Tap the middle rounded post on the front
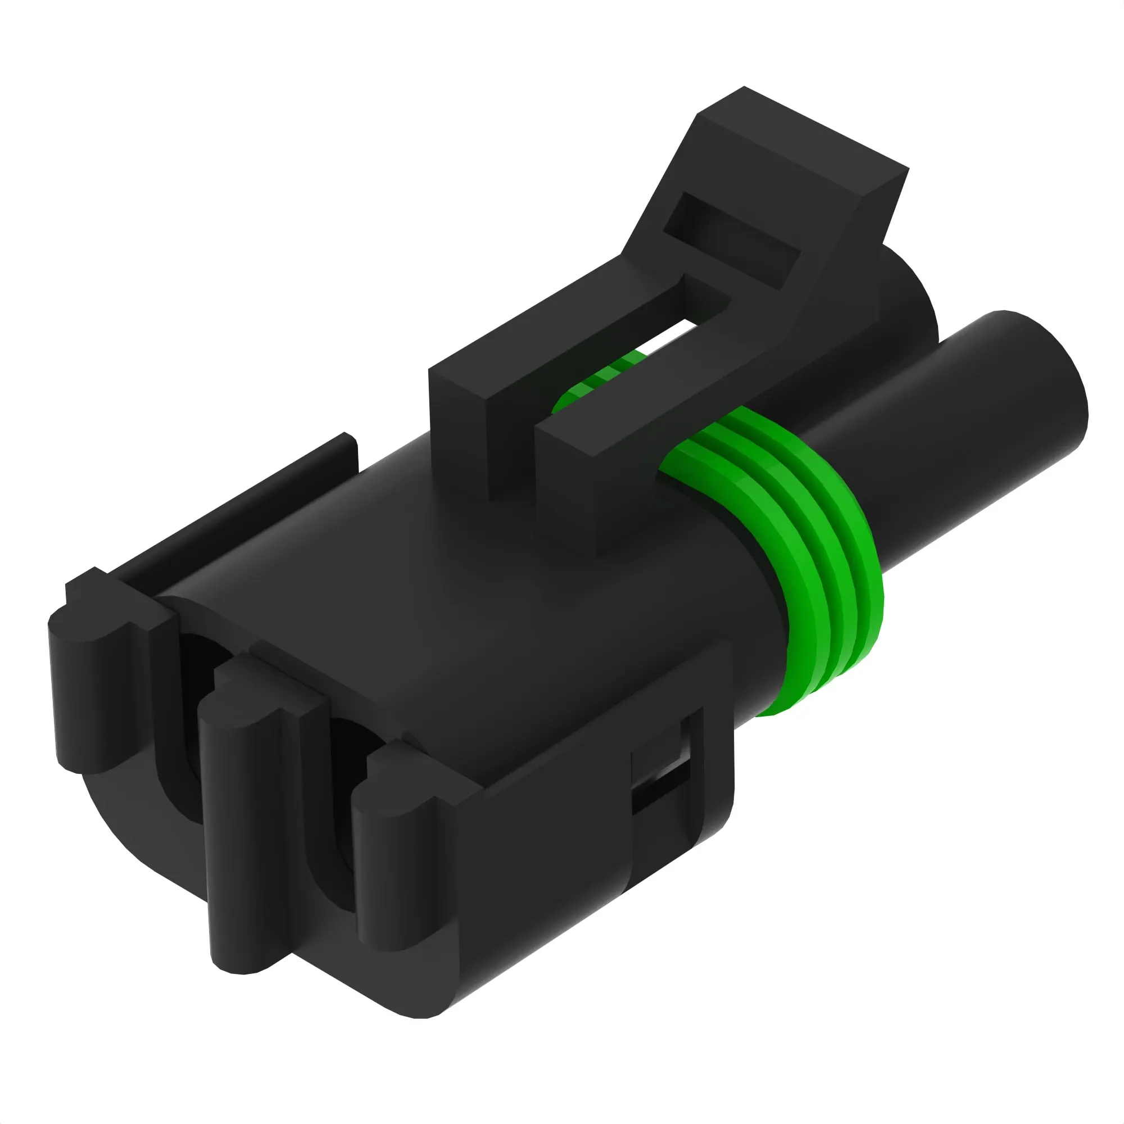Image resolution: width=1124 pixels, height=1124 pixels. [244, 814]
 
